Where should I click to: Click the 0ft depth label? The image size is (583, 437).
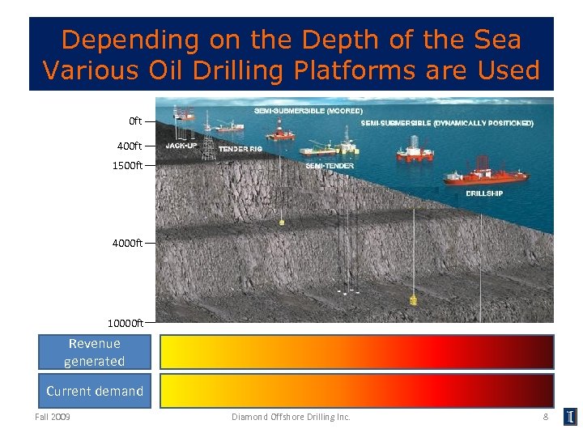(x=135, y=121)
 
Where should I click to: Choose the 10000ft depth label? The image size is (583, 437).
(x=126, y=323)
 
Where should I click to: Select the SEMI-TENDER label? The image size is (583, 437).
(x=325, y=166)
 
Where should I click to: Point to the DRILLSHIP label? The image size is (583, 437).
(x=484, y=194)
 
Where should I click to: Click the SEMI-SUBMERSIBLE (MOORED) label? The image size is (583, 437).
(x=309, y=109)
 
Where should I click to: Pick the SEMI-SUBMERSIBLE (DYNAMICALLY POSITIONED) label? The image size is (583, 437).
(x=447, y=124)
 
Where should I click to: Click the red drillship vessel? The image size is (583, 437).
(x=486, y=176)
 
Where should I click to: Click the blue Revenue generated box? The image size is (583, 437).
(x=95, y=353)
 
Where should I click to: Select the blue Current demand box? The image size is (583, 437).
(x=95, y=391)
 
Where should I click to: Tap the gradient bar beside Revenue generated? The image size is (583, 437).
(x=356, y=353)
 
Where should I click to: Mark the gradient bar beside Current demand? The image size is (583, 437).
(x=356, y=391)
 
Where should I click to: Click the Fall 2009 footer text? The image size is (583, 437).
(x=53, y=417)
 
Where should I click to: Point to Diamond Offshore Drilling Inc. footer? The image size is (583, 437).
(x=291, y=417)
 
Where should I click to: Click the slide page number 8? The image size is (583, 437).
(x=546, y=417)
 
